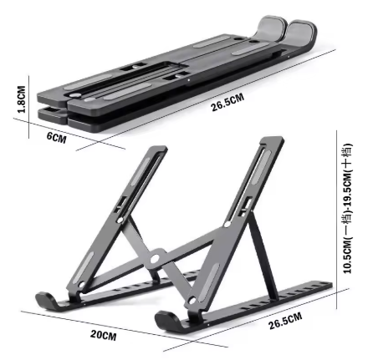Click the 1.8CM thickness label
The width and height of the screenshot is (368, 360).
[22, 99]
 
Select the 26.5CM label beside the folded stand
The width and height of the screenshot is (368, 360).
[227, 102]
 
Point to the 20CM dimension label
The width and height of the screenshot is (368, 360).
[103, 335]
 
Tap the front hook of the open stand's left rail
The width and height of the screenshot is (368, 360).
[43, 297]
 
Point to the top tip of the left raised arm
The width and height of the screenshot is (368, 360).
[161, 150]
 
